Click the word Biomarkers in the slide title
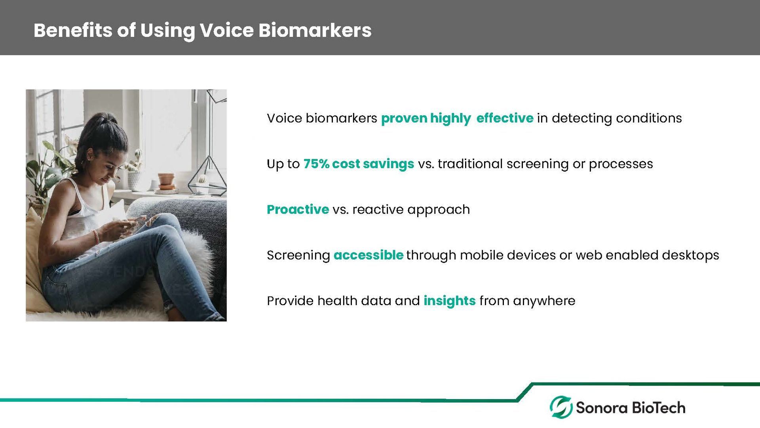click(x=315, y=30)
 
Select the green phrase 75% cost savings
click(x=359, y=164)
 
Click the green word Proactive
click(x=298, y=209)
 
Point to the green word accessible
click(x=369, y=255)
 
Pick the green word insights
click(x=449, y=301)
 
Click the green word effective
click(x=505, y=118)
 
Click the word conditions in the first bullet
click(x=649, y=118)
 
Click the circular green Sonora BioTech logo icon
click(x=561, y=407)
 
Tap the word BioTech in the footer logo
click(x=658, y=407)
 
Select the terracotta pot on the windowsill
click(x=166, y=180)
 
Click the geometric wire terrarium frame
click(x=207, y=176)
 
